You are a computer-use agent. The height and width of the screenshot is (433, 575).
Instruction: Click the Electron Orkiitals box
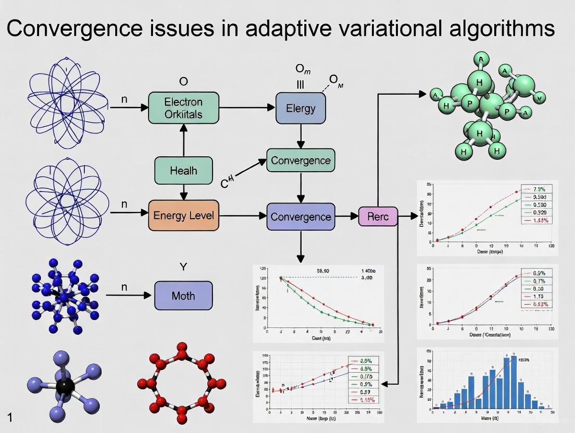(x=183, y=108)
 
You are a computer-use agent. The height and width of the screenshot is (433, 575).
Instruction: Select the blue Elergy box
(x=301, y=108)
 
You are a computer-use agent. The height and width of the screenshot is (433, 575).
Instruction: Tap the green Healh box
(x=183, y=170)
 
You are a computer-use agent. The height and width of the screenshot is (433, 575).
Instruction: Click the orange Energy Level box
(x=183, y=214)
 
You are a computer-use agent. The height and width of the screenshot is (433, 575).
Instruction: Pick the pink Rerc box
(x=378, y=216)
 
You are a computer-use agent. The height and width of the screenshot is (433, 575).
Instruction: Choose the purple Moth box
(x=183, y=296)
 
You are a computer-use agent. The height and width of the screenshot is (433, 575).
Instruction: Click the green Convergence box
(x=301, y=160)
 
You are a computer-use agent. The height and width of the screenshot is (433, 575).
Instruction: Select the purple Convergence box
(x=301, y=216)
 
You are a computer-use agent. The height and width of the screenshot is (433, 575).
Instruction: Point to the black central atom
(x=65, y=386)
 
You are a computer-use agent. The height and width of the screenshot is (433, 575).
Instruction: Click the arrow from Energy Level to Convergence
(x=242, y=215)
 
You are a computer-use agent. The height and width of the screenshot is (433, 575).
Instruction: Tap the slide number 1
(x=10, y=416)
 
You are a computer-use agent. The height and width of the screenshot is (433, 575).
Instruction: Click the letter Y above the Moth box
(x=183, y=267)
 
